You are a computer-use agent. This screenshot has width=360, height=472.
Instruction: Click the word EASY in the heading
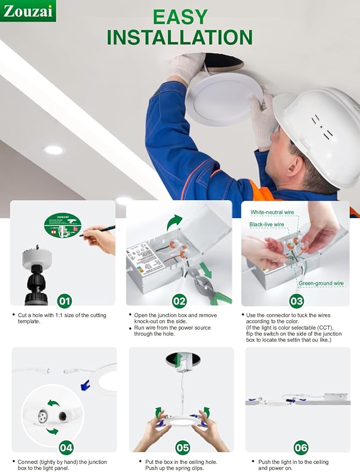pyautogui.click(x=180, y=17)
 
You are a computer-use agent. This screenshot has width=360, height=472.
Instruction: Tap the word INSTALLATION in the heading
pyautogui.click(x=179, y=37)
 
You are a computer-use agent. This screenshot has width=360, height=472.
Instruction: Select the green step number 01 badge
pyautogui.click(x=64, y=301)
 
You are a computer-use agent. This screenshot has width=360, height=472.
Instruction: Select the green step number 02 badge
pyautogui.click(x=179, y=301)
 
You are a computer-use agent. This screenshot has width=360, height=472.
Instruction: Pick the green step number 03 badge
pyautogui.click(x=296, y=301)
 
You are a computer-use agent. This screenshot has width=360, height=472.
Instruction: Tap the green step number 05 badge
pyautogui.click(x=183, y=447)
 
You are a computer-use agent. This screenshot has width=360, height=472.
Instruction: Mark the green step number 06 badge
pyautogui.click(x=301, y=447)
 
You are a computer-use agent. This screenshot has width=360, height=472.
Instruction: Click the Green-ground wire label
pyautogui.click(x=321, y=283)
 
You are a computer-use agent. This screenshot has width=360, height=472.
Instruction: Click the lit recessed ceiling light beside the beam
pyautogui.click(x=53, y=150)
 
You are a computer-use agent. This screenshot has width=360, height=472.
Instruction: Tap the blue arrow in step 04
pyautogui.click(x=84, y=384)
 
